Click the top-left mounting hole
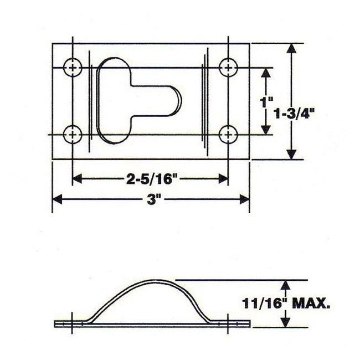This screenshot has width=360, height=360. coord(73,68)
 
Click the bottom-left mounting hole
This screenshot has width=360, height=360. coord(73,133)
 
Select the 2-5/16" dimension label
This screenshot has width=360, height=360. coord(151,178)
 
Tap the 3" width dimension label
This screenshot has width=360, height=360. coord(151,199)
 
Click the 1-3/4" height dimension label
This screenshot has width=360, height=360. coord(299,115)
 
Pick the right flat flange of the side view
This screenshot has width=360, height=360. coord(232,323)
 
